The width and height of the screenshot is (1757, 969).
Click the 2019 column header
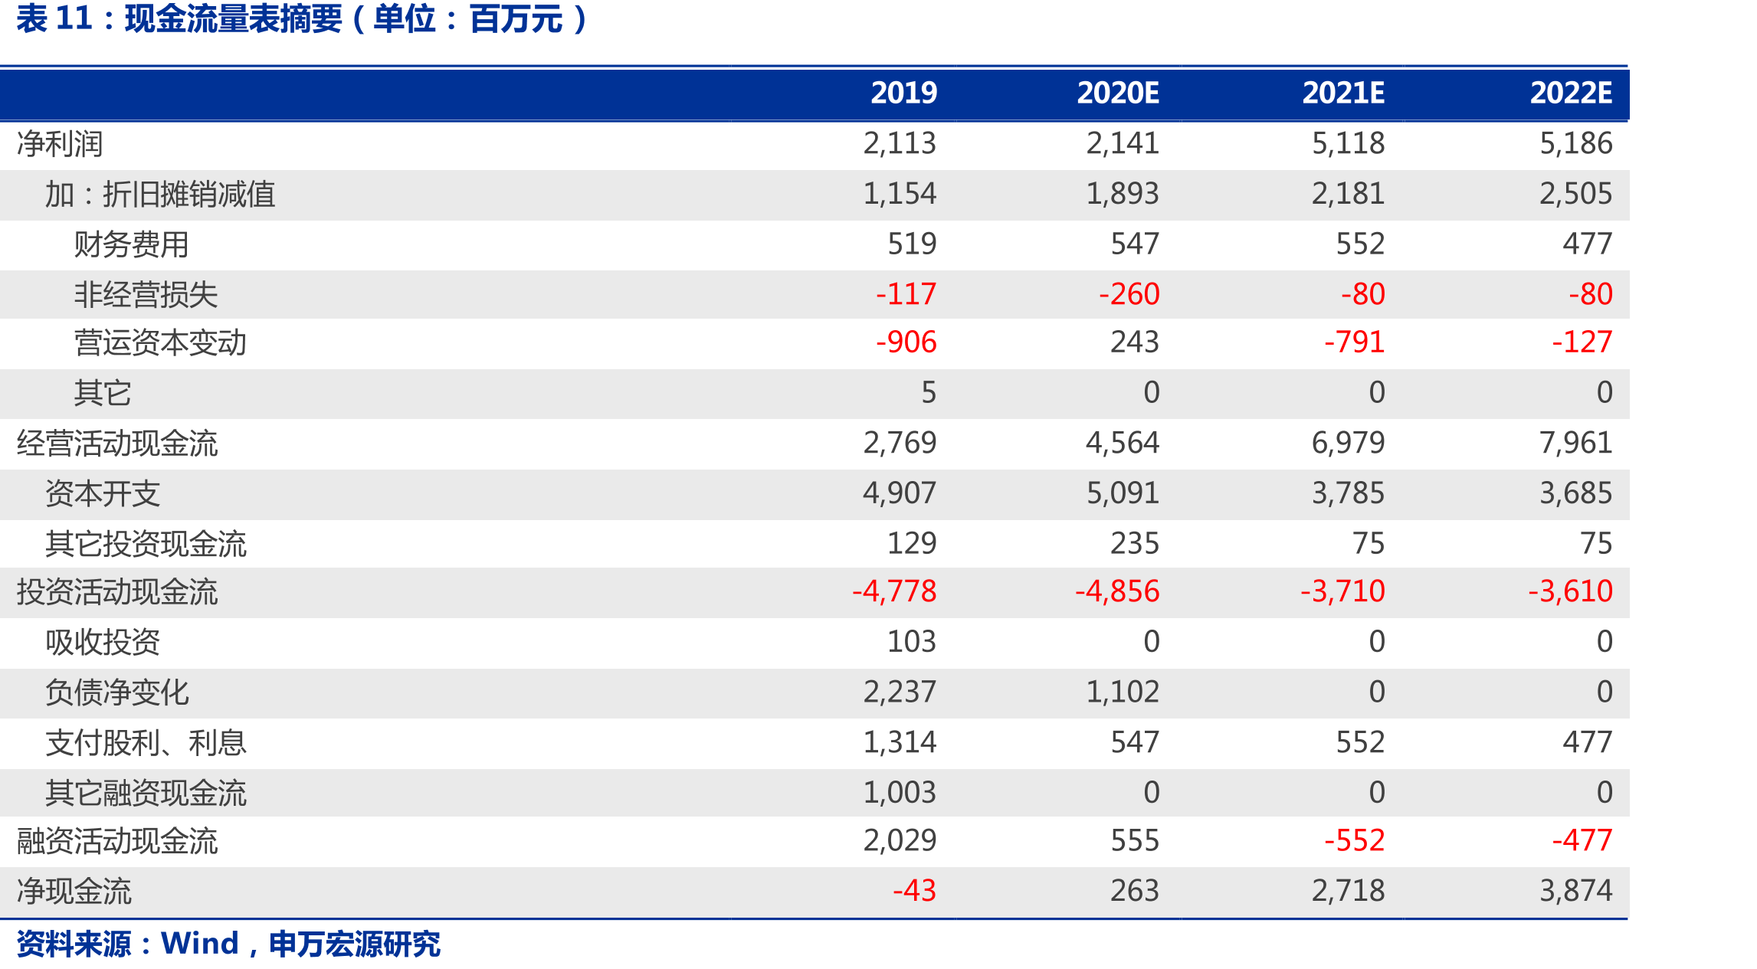coord(903,93)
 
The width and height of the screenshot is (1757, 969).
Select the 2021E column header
coord(1343,93)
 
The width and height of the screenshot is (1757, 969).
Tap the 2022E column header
coord(1571,93)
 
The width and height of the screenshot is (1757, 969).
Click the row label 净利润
coord(60,144)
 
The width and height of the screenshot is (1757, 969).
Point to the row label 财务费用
coord(131,245)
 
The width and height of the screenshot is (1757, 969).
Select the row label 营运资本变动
coord(160,343)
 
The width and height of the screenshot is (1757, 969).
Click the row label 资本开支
coord(103,494)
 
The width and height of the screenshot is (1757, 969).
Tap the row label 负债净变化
coord(117,692)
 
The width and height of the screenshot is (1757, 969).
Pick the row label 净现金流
coord(74,892)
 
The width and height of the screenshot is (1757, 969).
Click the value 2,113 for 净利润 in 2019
coord(900,143)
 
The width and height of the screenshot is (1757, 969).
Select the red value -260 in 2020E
coord(1129,294)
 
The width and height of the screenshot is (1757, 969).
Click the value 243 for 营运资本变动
coord(1135,342)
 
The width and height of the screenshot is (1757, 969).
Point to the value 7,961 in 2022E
coord(1576,443)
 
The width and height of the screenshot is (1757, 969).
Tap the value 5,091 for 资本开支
coord(1123,493)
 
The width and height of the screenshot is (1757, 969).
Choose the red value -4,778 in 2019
coord(894,591)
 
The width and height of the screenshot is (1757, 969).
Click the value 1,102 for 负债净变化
coord(1123,692)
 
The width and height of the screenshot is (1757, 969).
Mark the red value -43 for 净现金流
coord(914,891)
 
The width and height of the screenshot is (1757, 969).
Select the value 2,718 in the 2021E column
coord(1348,891)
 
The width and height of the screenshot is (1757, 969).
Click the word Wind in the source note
coord(200,944)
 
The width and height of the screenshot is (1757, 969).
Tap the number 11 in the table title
coord(74,18)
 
